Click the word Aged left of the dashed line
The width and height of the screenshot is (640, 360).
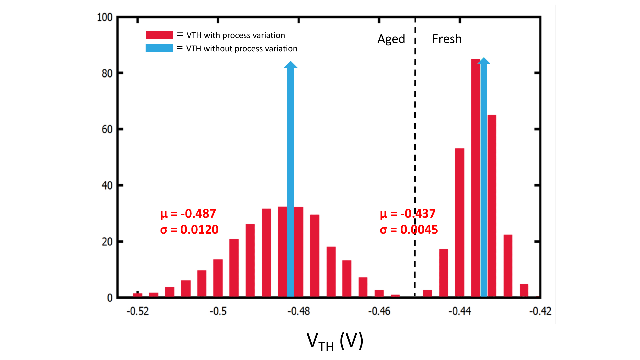click(391, 39)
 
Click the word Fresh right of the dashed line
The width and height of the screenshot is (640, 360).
click(447, 39)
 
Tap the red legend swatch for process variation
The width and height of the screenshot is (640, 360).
click(159, 35)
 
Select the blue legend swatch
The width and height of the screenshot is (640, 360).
click(159, 48)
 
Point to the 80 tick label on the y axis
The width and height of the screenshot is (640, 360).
click(107, 73)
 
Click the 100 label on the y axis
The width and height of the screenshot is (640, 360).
click(105, 17)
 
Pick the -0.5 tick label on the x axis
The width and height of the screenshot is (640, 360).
click(218, 311)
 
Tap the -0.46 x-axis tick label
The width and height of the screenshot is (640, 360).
click(379, 311)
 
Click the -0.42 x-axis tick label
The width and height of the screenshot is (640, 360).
click(540, 311)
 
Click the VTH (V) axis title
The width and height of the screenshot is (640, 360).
click(335, 342)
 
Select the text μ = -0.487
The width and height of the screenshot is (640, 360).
click(188, 214)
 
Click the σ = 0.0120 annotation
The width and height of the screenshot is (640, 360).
click(189, 230)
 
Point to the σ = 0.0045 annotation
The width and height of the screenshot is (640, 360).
click(409, 230)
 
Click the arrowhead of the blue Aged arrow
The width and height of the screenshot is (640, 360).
click(290, 65)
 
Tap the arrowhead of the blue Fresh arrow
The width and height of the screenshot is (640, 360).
click(484, 61)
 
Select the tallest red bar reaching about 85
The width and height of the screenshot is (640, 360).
click(475, 177)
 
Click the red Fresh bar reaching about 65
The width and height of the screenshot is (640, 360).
click(492, 205)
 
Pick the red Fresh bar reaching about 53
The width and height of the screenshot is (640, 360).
click(459, 222)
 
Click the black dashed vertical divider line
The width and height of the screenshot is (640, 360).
click(415, 133)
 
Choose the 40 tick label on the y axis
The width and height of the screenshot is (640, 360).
click(107, 186)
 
